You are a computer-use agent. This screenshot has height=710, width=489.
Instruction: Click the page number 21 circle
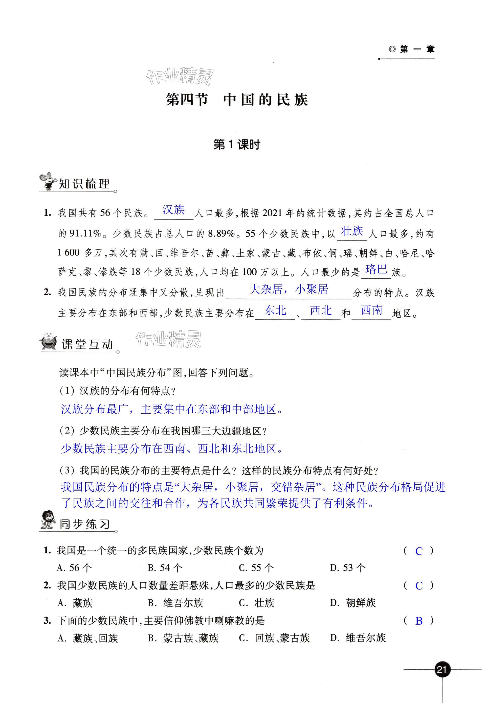[442, 669]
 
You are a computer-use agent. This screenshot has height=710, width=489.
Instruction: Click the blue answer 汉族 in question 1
[173, 210]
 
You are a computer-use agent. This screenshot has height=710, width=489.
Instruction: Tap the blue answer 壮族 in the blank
[352, 231]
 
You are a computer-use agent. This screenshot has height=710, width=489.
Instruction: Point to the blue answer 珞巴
[376, 269]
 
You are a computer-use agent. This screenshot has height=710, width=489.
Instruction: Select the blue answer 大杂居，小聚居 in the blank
[288, 289]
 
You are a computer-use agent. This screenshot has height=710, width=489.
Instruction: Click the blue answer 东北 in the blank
[275, 311]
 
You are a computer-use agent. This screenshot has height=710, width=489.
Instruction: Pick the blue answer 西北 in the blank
[321, 311]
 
